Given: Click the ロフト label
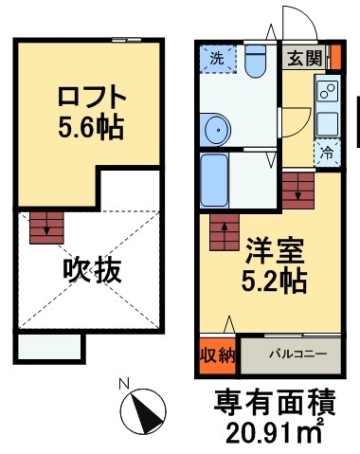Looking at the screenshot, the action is pyautogui.click(x=92, y=98).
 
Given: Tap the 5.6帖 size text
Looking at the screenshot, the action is pyautogui.click(x=91, y=128).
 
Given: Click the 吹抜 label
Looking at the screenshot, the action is pyautogui.click(x=92, y=271).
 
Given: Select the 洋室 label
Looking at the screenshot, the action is pyautogui.click(x=275, y=252).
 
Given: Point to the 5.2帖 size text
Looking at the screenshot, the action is pyautogui.click(x=274, y=281).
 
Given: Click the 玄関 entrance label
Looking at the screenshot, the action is pyautogui.click(x=304, y=58).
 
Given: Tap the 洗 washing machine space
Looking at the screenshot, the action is pyautogui.click(x=218, y=59).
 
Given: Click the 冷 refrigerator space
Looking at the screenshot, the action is pyautogui.click(x=328, y=153).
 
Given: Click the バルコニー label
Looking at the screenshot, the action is pyautogui.click(x=297, y=354).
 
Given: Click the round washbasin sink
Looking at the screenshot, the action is pyautogui.click(x=218, y=130).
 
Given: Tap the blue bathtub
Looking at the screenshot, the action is pyautogui.click(x=214, y=180).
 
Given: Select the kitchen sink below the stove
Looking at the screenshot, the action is pyautogui.click(x=328, y=124).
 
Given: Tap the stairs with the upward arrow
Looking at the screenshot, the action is pyautogui.click(x=225, y=232).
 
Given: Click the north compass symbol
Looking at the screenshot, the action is pyautogui.click(x=144, y=411).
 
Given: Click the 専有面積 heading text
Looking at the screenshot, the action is pyautogui.click(x=275, y=402).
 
